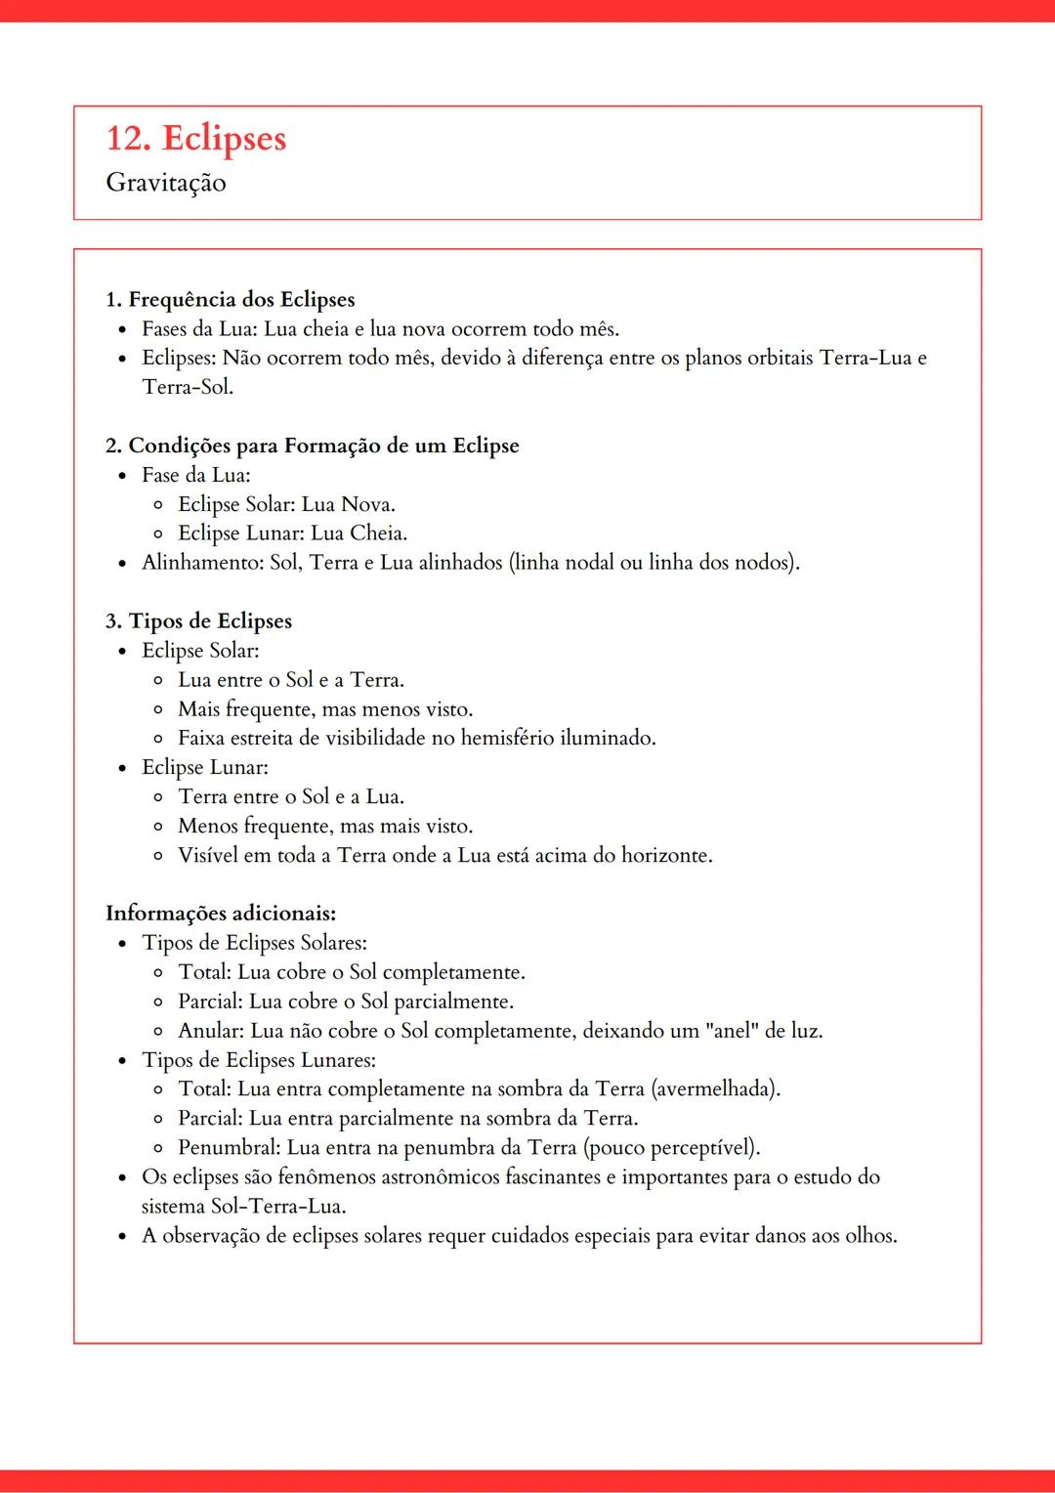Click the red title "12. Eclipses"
(195, 139)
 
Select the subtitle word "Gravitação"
(166, 183)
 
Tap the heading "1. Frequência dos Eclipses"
(230, 299)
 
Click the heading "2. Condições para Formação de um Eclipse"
(312, 446)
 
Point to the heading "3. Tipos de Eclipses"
(198, 621)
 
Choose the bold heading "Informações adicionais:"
(221, 914)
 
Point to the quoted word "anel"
(731, 1031)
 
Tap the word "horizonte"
(665, 855)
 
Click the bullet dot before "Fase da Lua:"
(122, 476)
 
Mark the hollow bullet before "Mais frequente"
(158, 709)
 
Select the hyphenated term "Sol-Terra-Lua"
(277, 1206)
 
